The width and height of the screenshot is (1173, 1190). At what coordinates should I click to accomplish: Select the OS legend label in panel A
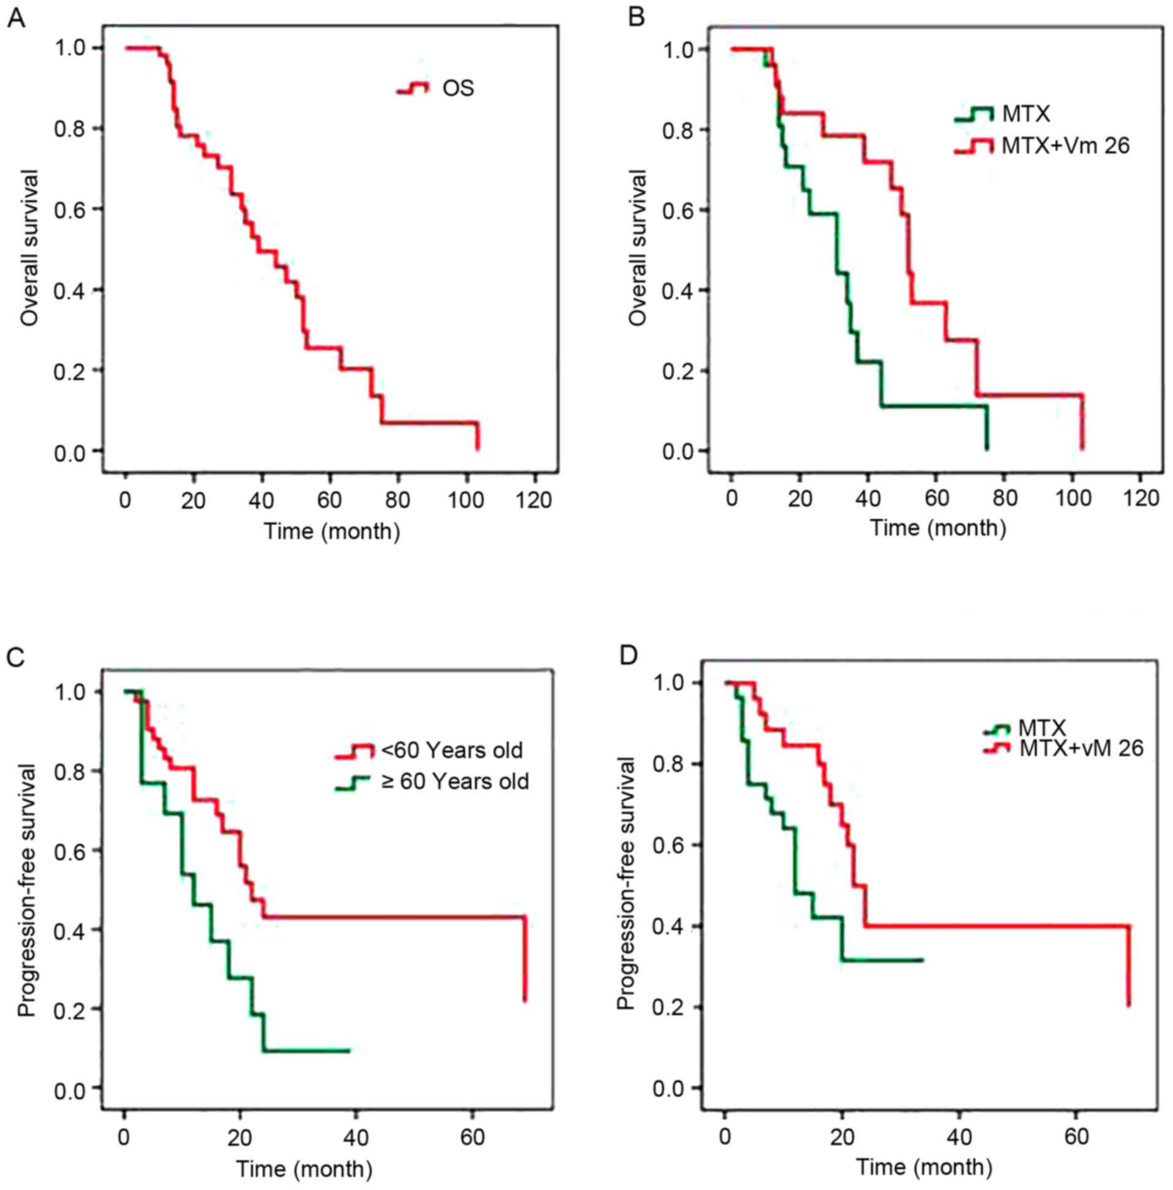pyautogui.click(x=459, y=89)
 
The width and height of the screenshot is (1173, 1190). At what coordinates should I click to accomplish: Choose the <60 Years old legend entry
pyautogui.click(x=451, y=750)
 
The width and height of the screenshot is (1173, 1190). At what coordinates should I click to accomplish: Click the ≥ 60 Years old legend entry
pyautogui.click(x=454, y=781)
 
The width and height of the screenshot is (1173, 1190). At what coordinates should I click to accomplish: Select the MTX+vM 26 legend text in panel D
pyautogui.click(x=1081, y=748)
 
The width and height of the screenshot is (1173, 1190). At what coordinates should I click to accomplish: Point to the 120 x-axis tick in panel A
pyautogui.click(x=533, y=500)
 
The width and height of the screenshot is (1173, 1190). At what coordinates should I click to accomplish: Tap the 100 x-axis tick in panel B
pyautogui.click(x=1073, y=498)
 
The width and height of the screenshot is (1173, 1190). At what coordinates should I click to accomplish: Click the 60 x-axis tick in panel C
pyautogui.click(x=472, y=1137)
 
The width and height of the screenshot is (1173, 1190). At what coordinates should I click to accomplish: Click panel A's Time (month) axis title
pyautogui.click(x=332, y=530)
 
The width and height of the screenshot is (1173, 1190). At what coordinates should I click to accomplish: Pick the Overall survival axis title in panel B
pyautogui.click(x=640, y=248)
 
